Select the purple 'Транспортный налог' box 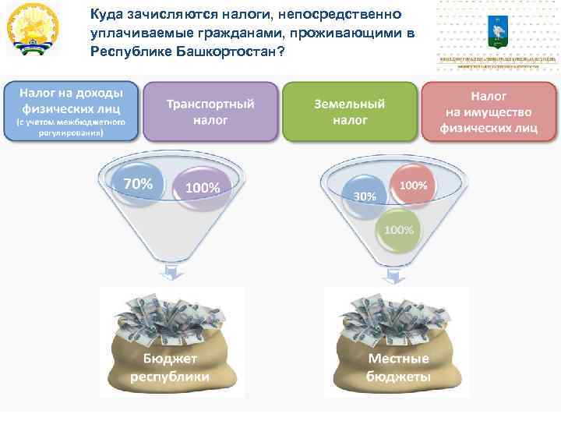coord(210,111)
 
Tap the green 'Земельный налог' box coord(349,111)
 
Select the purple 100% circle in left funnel coord(202,188)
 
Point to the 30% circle coord(364,196)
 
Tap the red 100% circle coord(413,186)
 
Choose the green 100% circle coord(398,230)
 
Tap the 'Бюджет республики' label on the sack coord(169,367)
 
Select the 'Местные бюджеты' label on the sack coord(397,367)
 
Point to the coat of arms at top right coord(496,30)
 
